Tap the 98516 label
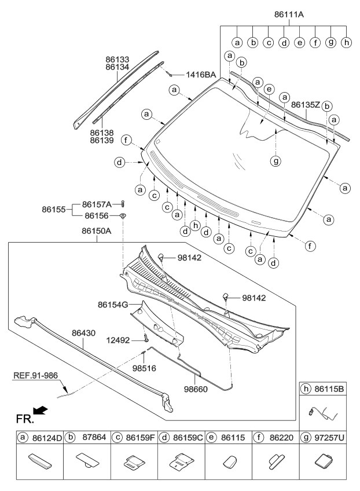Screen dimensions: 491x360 click(145, 368)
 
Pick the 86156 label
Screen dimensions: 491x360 click(97, 216)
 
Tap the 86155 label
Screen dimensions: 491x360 click(56, 210)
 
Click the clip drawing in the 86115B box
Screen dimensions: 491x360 click(322, 413)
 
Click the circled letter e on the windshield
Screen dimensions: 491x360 click(268, 90)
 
